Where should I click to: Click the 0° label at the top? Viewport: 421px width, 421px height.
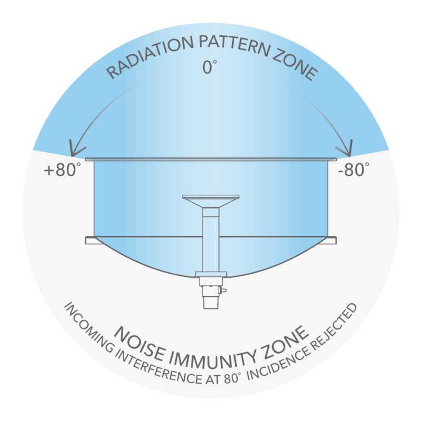(x=209, y=67)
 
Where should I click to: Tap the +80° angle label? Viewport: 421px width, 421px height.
(x=62, y=170)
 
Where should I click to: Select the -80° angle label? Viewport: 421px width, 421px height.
(x=354, y=169)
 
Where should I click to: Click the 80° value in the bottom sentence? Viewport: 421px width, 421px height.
(x=231, y=378)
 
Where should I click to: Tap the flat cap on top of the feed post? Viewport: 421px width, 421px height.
(x=211, y=197)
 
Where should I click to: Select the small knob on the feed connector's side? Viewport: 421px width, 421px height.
(x=223, y=290)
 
